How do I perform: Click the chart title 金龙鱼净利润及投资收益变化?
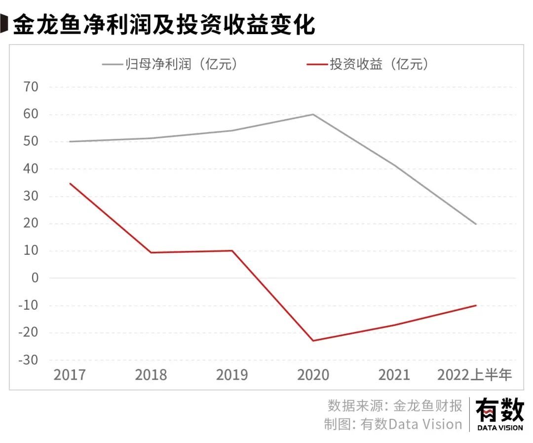point(163,25)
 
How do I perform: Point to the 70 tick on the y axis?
point(28,87)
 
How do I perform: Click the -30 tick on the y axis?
point(28,360)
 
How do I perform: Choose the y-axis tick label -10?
point(28,305)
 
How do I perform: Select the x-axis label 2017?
point(70,375)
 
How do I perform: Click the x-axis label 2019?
point(232,375)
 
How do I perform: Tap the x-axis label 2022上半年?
point(475,375)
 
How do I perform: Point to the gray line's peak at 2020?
point(313,114)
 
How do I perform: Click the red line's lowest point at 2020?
point(313,341)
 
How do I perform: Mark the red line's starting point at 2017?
point(70,183)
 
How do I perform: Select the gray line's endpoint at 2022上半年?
point(476,224)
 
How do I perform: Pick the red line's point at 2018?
point(151,252)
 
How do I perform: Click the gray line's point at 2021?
point(395,166)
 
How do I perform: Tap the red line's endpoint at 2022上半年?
point(476,305)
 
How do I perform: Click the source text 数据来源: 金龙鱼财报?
point(395,406)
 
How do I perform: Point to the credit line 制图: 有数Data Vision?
point(393,424)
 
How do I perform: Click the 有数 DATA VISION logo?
point(499,415)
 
